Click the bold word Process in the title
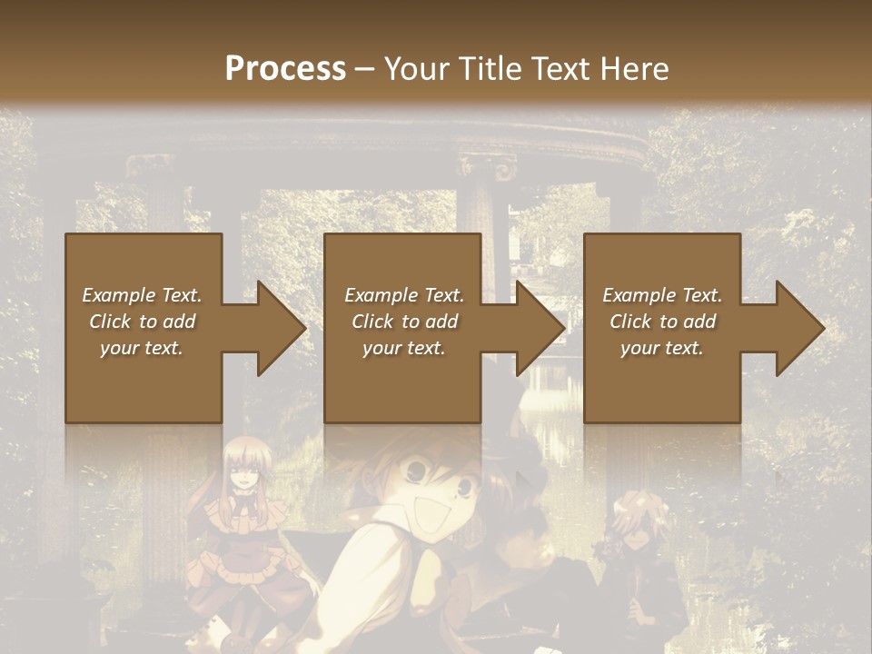pos(285,69)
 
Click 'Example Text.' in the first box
pos(142,295)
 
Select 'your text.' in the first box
pos(142,348)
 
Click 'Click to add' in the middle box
pos(404,322)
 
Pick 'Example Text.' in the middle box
pos(404,295)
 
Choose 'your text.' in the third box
pos(662,348)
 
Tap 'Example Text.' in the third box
pos(662,295)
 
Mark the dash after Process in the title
pos(365,69)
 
